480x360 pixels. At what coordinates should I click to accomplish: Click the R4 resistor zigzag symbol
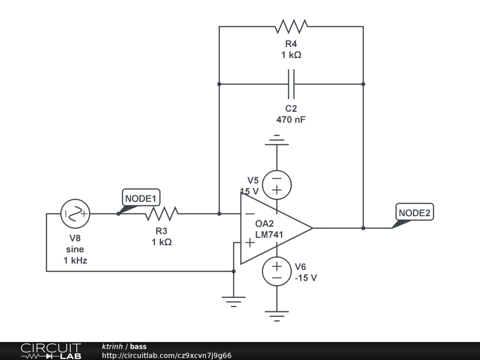(291, 26)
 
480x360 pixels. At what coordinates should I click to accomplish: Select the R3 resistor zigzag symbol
(161, 214)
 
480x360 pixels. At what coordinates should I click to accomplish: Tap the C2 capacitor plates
(291, 84)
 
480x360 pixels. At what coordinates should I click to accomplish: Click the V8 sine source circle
(75, 214)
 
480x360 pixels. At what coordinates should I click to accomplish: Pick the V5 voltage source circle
(277, 185)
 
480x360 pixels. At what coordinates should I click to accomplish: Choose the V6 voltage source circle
(277, 271)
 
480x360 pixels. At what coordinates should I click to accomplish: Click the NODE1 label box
(141, 198)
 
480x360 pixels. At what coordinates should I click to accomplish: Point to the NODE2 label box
(415, 212)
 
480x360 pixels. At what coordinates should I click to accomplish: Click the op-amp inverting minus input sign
(250, 214)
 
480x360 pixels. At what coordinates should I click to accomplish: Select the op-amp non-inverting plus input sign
(250, 242)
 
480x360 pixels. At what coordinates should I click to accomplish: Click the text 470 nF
(291, 120)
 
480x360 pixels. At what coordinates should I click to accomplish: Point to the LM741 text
(269, 234)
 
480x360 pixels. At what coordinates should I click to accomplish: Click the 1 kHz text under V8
(75, 261)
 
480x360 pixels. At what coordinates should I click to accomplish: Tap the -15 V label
(306, 277)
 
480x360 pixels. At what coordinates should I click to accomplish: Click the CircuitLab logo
(51, 351)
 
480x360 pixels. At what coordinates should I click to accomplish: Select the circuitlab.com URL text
(167, 355)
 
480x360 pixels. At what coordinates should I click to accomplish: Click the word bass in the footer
(138, 346)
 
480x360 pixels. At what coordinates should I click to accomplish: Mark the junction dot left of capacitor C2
(219, 84)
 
